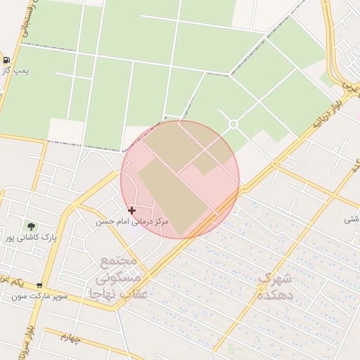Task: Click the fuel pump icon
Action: pyautogui.click(x=6, y=60)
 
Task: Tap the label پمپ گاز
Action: pyautogui.click(x=17, y=71)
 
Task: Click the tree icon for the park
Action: pyautogui.click(x=31, y=226)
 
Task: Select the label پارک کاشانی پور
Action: pyautogui.click(x=30, y=238)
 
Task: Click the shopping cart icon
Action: pyautogui.click(x=39, y=285)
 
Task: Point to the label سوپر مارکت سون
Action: pyautogui.click(x=39, y=296)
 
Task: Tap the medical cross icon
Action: pyautogui.click(x=131, y=210)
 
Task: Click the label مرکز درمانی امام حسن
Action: pyautogui.click(x=133, y=221)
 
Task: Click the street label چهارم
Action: pyautogui.click(x=71, y=339)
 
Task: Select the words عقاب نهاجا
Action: pyautogui.click(x=117, y=294)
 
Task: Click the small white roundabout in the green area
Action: pyautogui.click(x=233, y=124)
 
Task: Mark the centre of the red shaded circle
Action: pyautogui.click(x=180, y=179)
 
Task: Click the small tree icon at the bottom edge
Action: pyautogui.click(x=231, y=349)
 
